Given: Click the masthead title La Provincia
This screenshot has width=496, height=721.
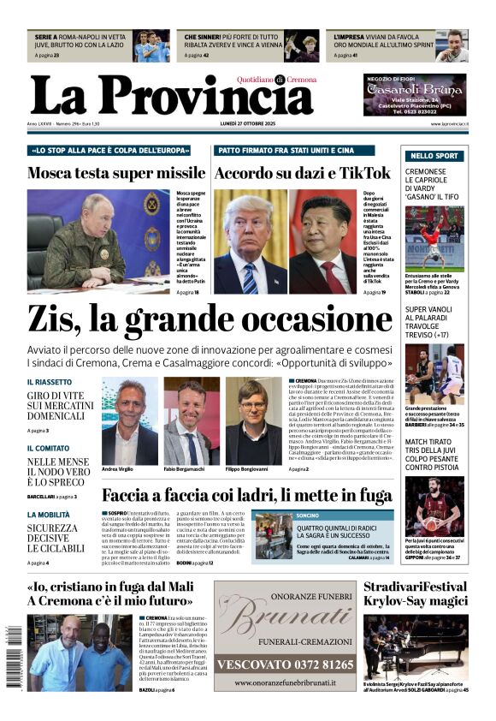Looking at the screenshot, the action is [x=171, y=94].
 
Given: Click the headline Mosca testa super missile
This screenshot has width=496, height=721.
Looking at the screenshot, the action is [x=116, y=173].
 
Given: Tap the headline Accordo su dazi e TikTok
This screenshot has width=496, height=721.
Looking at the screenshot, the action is [x=302, y=173].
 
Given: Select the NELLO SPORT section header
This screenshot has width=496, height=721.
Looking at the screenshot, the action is [x=434, y=156].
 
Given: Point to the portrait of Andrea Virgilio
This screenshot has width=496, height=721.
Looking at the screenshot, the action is [x=129, y=420].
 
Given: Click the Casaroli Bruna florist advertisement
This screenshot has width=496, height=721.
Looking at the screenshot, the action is [x=415, y=95].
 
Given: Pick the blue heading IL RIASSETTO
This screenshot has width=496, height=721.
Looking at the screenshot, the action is [x=49, y=382].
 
